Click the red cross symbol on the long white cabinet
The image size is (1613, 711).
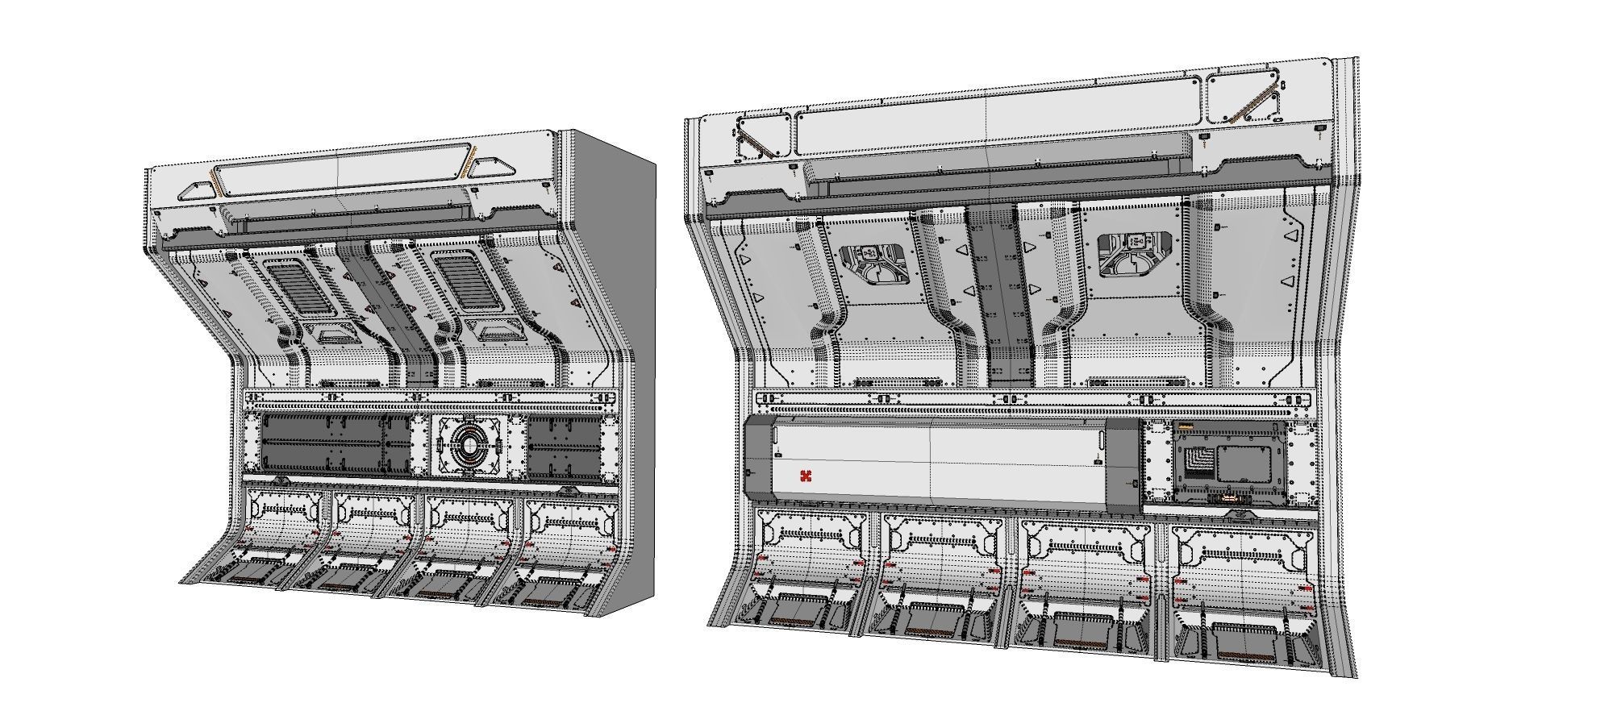coord(805,476)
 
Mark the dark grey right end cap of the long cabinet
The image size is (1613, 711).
coord(1122,466)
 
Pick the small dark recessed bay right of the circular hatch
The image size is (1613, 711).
coord(565,446)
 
